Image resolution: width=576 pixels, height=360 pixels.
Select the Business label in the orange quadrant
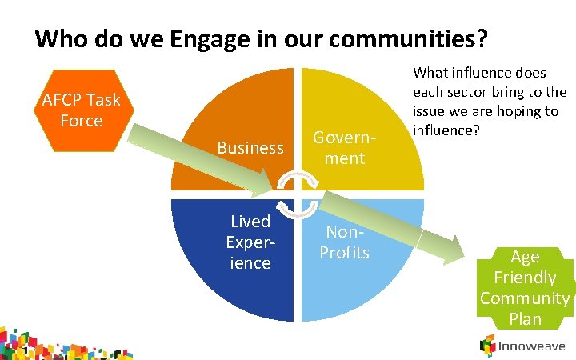[250, 148]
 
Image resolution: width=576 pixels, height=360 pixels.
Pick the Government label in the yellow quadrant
[338, 147]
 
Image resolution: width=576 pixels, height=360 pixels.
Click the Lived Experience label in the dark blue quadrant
[250, 242]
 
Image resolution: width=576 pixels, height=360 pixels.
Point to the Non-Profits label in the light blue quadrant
[344, 242]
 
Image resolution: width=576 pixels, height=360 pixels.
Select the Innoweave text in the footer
[533, 346]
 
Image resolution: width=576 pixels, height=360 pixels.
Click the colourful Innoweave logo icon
[487, 346]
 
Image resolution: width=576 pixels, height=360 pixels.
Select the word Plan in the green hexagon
[525, 319]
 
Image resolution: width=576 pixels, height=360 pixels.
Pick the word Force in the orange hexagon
[81, 121]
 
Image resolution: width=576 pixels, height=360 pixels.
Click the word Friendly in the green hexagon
[525, 278]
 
